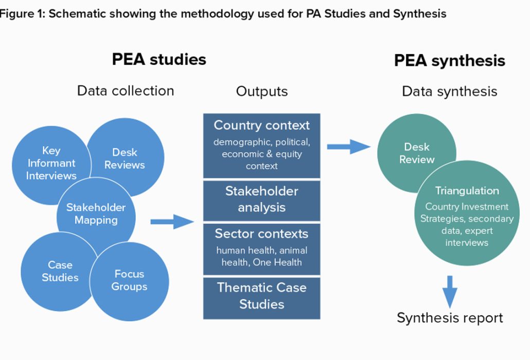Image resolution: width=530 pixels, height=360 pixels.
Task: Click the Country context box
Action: [261, 145]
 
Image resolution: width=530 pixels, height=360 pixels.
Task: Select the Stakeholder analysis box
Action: [261, 200]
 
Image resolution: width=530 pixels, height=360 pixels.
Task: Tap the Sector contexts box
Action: [261, 249]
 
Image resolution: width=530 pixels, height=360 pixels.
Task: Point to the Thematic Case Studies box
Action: [261, 298]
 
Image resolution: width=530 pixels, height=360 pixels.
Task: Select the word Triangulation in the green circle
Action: [467, 191]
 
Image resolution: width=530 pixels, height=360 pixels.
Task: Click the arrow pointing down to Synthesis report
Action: [450, 292]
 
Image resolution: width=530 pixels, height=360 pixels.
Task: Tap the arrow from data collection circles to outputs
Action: [172, 221]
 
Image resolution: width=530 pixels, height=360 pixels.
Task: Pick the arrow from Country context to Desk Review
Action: [349, 146]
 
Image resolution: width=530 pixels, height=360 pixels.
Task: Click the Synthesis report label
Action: [450, 318]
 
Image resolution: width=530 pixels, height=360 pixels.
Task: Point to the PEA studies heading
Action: [159, 60]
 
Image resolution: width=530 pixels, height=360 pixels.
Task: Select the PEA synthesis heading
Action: [450, 61]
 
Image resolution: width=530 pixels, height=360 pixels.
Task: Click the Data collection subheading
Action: [126, 91]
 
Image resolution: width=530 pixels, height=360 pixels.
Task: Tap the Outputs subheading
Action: [261, 92]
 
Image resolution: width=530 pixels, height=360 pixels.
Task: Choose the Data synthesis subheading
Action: [450, 92]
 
